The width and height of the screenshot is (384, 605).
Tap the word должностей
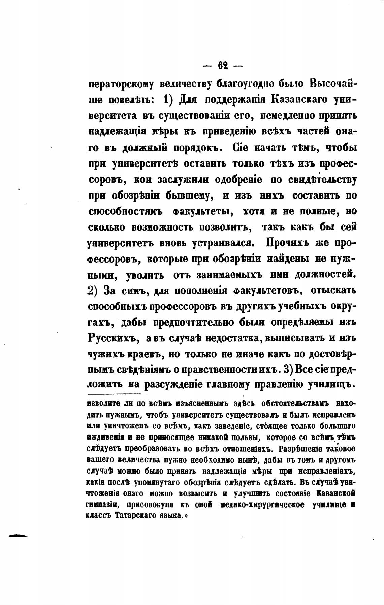[325, 275]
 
